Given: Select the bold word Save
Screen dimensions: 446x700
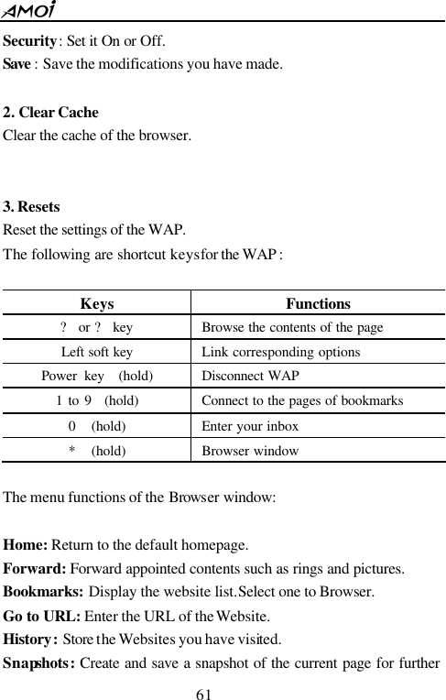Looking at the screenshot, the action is (20, 65).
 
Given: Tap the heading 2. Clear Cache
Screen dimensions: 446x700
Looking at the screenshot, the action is (51, 114).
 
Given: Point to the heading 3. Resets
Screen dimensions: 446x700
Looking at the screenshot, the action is (32, 207).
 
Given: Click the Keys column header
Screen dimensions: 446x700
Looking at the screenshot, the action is (97, 303).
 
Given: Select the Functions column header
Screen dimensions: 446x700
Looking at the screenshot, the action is (318, 303).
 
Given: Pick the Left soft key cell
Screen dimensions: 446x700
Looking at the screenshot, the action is (96, 352).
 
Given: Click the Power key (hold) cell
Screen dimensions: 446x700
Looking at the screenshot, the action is (97, 377).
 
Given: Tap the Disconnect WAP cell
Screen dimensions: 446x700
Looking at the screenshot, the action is (249, 377).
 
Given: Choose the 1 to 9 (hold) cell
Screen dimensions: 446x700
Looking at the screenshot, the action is (97, 400).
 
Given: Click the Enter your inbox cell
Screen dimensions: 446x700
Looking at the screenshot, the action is (247, 425).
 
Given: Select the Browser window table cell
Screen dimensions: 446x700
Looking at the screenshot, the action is (249, 450).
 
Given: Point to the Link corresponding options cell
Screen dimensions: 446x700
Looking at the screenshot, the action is (280, 352).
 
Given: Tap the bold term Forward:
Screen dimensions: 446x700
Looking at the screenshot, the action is (36, 568).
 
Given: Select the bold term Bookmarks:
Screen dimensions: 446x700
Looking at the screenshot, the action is (44, 592).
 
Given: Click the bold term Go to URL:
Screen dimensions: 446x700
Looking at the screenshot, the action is (41, 616).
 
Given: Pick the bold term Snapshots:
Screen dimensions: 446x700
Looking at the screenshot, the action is (39, 662).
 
